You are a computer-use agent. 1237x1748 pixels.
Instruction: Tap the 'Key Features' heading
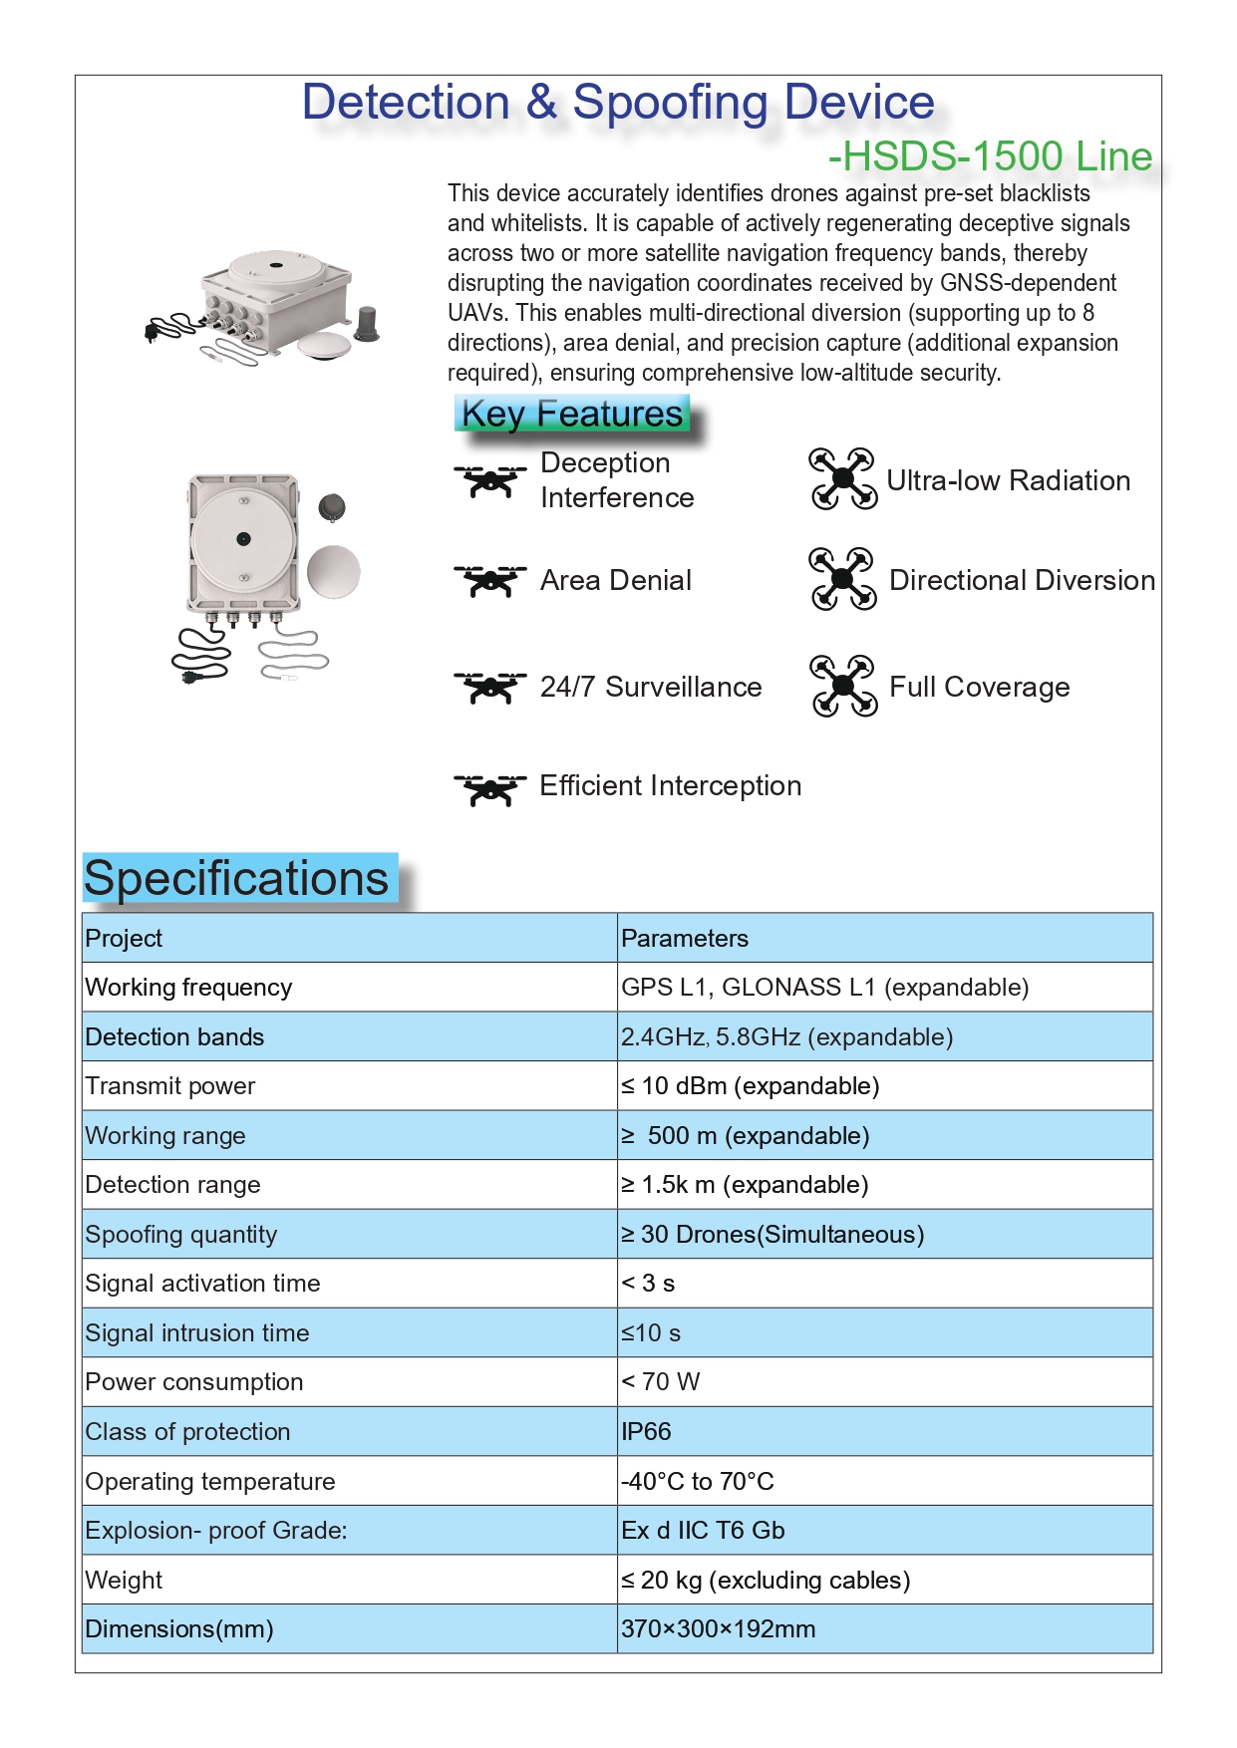coord(572,413)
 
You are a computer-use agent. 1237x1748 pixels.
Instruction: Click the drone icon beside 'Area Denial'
coord(489,580)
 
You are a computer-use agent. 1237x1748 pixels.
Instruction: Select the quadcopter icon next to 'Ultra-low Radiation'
coord(843,479)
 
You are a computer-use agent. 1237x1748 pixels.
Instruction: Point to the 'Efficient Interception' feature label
coord(670,786)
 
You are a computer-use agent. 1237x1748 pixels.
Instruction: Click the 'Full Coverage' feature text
coord(979,688)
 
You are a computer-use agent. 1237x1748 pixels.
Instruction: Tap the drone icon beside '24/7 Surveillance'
coord(489,687)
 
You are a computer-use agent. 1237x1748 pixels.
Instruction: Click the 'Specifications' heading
coord(236,879)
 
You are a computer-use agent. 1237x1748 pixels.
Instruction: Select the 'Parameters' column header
coord(684,939)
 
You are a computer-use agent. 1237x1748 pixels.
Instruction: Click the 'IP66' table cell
coord(646,1432)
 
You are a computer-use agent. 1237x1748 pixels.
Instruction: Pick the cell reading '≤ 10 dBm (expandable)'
coord(750,1086)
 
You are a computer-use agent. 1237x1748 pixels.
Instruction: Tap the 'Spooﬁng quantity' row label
coord(180,1235)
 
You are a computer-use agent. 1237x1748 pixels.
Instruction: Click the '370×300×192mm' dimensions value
coord(718,1629)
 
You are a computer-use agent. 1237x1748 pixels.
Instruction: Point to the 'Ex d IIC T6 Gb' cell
coord(703,1531)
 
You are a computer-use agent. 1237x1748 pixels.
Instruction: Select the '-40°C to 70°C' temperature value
coord(697,1482)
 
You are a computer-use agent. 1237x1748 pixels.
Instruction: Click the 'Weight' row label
coord(124,1581)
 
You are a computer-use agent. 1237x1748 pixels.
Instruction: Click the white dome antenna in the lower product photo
coord(334,572)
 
